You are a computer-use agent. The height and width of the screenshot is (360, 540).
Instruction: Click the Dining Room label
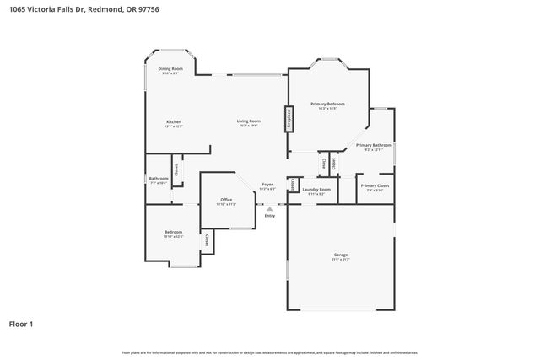coord(170,68)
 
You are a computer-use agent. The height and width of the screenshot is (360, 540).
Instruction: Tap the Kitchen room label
coord(173,121)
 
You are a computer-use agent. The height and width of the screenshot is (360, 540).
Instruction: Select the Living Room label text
coord(248,121)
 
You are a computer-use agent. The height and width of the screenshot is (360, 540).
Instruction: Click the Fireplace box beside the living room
coord(289,118)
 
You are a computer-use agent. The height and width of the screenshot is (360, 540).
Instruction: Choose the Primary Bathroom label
coord(374,145)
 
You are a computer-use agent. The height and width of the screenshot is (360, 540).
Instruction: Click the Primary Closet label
coord(375,185)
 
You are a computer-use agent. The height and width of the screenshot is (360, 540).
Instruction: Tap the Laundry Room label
coord(316,190)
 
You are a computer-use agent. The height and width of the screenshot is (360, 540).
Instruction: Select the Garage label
coord(340,255)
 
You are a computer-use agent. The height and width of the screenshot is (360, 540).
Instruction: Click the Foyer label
coord(267,184)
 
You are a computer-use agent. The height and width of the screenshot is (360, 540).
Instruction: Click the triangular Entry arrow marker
coord(270,208)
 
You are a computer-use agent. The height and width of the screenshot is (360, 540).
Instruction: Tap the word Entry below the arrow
coord(270,217)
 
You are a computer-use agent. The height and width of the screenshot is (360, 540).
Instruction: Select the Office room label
coord(226,200)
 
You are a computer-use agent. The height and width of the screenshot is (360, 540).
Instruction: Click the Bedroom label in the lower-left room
coord(173,232)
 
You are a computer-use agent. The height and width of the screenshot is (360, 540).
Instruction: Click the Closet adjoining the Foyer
coord(292,184)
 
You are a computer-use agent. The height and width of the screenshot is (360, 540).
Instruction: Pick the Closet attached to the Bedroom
coord(207,240)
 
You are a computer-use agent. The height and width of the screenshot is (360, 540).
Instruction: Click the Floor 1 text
coord(22,323)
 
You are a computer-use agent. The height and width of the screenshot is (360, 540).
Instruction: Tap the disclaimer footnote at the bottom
coord(270,352)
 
